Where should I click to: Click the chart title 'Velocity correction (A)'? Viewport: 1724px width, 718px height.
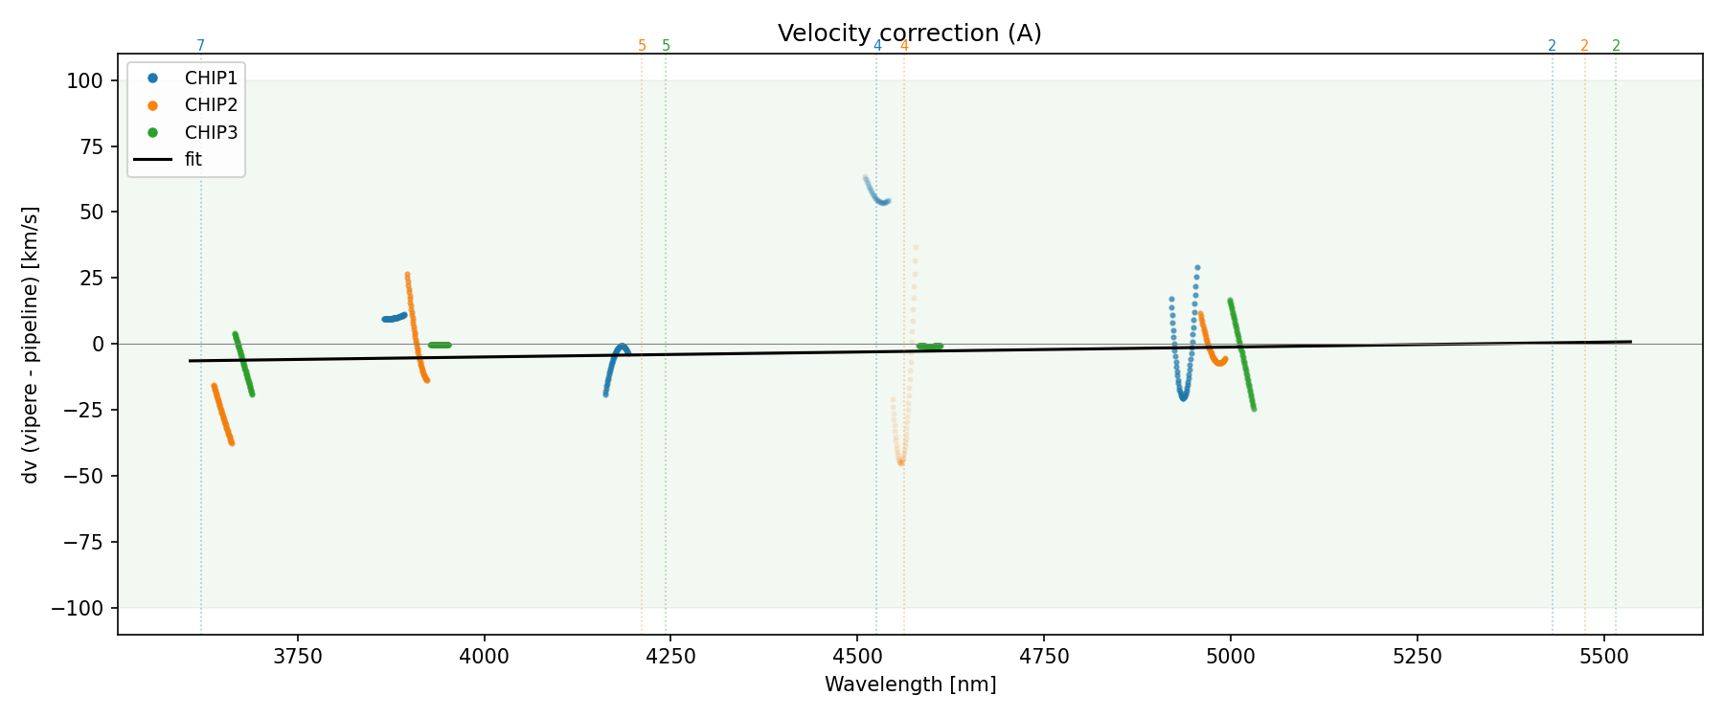(909, 34)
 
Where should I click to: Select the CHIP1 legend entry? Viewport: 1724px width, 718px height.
(211, 79)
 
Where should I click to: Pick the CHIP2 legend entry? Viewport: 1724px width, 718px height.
(211, 105)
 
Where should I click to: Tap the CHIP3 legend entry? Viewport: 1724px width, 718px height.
(211, 132)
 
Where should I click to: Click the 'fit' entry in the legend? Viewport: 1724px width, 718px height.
(193, 160)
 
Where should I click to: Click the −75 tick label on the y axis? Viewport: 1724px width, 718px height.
(80, 543)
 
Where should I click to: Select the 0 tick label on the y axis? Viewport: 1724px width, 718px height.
(97, 345)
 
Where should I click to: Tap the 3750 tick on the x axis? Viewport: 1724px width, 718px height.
(298, 657)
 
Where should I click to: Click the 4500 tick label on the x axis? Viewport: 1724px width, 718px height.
(857, 657)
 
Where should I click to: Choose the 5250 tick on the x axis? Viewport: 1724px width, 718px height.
(1417, 657)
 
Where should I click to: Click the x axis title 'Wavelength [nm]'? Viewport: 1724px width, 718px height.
(910, 685)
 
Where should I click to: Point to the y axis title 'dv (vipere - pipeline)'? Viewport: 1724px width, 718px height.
(31, 345)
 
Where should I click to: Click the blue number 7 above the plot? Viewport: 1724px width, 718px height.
(200, 46)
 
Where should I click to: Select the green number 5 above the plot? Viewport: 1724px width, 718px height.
(667, 46)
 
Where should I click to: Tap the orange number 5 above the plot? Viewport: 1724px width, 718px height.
(642, 46)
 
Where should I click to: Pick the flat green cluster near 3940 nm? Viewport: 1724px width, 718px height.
(439, 345)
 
